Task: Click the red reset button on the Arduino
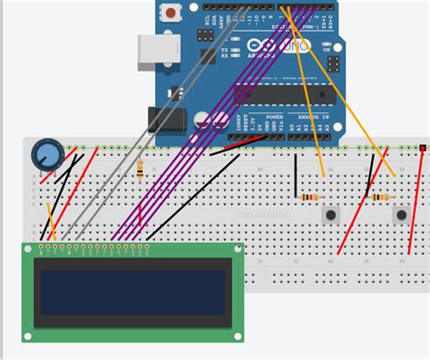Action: coord(169,13)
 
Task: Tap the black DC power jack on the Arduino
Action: coord(166,121)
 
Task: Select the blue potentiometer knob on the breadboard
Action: coord(45,153)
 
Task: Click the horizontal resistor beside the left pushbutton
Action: coord(309,197)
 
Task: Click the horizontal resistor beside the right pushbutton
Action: coord(378,197)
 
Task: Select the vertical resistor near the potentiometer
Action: coord(140,168)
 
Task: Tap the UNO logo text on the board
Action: coord(299,44)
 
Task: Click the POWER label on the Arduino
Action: coord(275,117)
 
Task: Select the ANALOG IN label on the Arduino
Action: coord(318,117)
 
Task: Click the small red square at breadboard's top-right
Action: coord(423,146)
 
